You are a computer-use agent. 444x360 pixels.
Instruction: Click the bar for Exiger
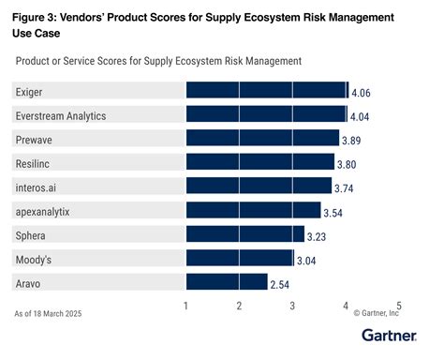click(267, 91)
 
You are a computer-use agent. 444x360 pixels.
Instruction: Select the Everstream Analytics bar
click(266, 114)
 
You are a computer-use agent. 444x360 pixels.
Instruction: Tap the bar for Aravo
click(227, 281)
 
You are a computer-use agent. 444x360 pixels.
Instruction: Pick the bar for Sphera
click(245, 233)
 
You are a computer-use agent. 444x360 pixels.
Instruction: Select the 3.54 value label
click(337, 211)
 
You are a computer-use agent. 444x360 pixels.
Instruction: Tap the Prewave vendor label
click(35, 139)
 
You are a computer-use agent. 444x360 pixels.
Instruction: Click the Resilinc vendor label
click(35, 162)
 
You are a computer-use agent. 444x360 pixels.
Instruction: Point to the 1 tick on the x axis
click(186, 306)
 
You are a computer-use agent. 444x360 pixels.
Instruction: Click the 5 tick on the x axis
click(399, 306)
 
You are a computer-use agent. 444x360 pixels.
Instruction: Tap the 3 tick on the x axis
click(293, 306)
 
